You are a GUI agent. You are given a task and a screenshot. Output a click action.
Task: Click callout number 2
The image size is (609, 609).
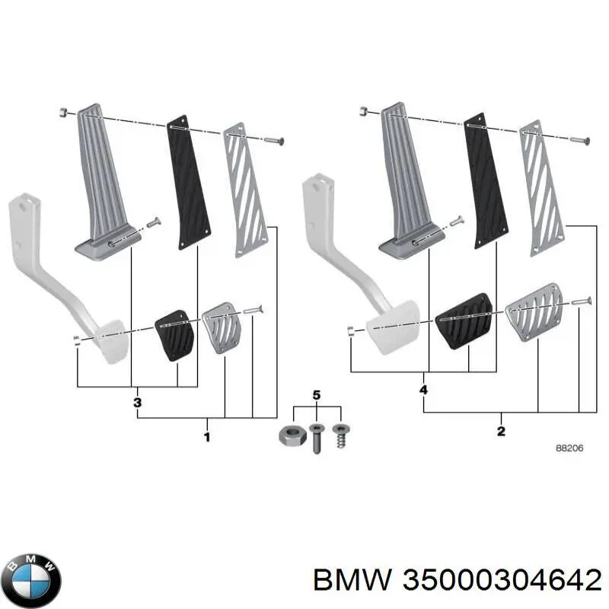[500, 433]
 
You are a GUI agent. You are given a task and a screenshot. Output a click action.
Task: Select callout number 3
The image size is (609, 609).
[137, 402]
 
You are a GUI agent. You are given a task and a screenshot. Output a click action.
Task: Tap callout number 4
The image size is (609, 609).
[423, 391]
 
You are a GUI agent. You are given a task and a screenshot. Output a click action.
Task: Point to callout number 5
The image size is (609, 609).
[317, 394]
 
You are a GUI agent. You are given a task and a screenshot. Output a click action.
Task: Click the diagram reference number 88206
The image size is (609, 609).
[569, 448]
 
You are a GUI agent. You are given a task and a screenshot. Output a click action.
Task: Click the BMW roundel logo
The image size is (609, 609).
[30, 577]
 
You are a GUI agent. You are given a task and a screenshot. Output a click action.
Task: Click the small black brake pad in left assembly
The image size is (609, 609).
[174, 335]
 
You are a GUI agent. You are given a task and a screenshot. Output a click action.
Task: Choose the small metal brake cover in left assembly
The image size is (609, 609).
[220, 327]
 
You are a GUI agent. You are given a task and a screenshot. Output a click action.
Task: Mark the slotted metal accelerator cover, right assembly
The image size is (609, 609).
[544, 188]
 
